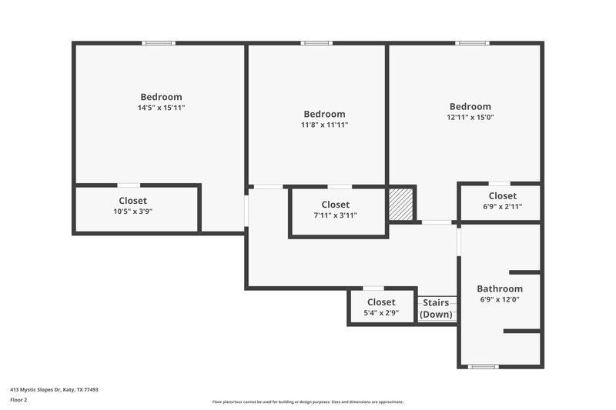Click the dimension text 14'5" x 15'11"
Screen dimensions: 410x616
[x=161, y=108]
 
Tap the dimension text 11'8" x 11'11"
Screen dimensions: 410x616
[x=324, y=125]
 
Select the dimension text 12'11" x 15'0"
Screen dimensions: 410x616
[x=470, y=118]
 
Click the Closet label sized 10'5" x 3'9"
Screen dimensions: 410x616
[x=132, y=201]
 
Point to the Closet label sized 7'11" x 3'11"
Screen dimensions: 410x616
[x=335, y=205]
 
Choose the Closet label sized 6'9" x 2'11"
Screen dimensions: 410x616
[x=502, y=196]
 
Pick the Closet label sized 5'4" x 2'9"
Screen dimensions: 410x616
[x=380, y=302]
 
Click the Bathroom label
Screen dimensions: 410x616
[x=499, y=289]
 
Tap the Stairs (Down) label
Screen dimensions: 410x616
[x=436, y=308]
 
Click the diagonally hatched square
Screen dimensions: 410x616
[x=400, y=205]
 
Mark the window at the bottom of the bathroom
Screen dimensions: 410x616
[x=484, y=366]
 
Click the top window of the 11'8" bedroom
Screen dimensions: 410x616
[x=316, y=43]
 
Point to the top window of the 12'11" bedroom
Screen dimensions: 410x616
[x=471, y=43]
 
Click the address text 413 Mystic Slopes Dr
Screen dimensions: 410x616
[x=54, y=390]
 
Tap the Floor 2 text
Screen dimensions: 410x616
[x=18, y=400]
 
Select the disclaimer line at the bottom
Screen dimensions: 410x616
[x=307, y=402]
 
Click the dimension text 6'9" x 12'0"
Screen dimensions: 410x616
[x=499, y=300]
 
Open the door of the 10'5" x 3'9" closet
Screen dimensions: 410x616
[x=129, y=185]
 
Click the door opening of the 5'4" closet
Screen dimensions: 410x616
[x=373, y=288]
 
